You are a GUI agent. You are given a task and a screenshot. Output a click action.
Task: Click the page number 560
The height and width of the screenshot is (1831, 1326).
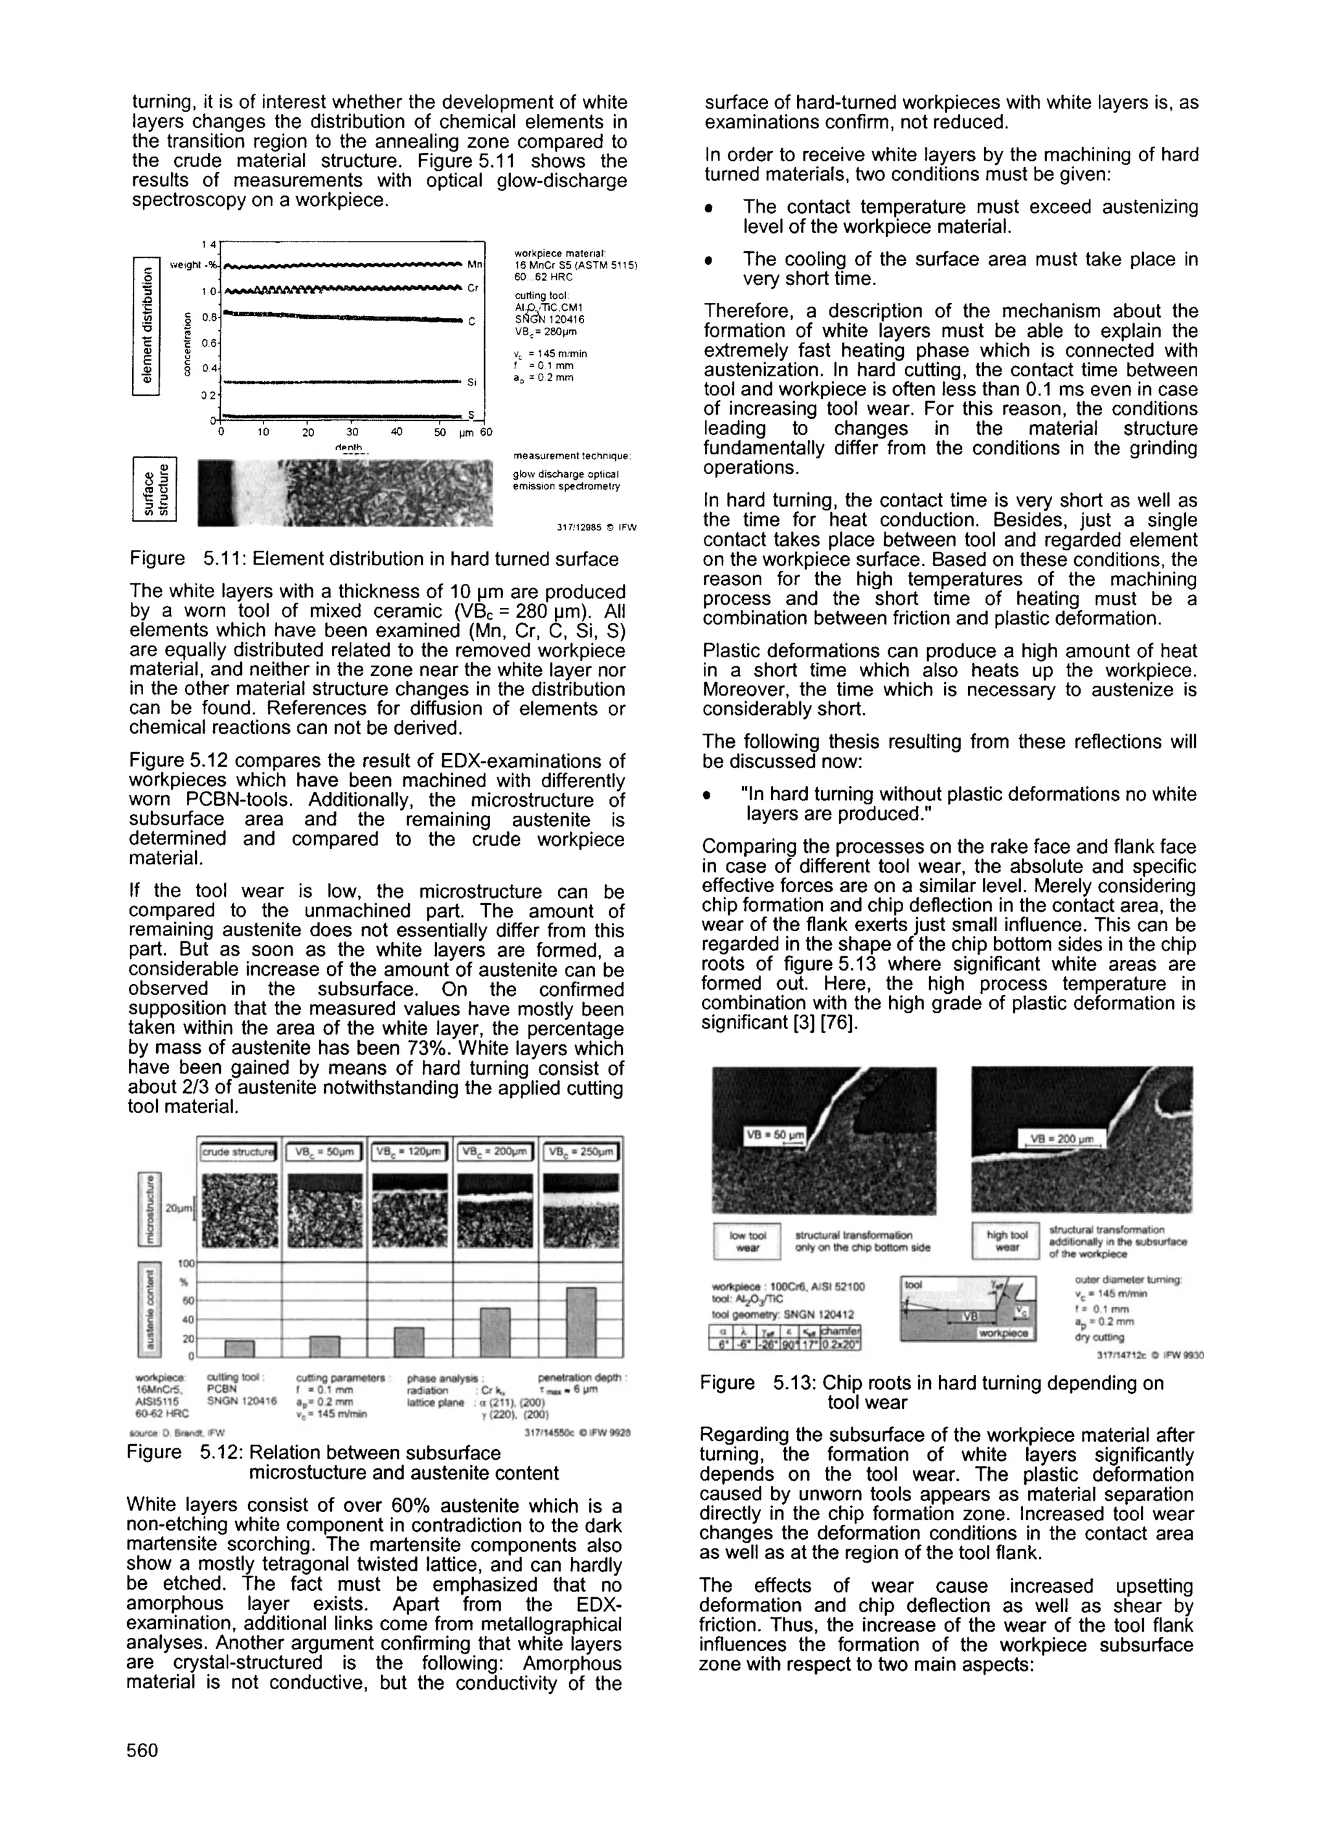coord(142,1750)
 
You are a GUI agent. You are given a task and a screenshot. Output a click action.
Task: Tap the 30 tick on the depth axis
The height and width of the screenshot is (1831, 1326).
coord(352,432)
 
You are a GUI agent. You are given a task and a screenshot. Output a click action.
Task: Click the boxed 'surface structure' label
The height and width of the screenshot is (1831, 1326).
coord(153,489)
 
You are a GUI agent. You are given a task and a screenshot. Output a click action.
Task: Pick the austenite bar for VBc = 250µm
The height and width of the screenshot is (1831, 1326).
coord(581,1322)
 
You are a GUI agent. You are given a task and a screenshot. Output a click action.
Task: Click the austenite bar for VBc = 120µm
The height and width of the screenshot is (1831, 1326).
coord(409,1342)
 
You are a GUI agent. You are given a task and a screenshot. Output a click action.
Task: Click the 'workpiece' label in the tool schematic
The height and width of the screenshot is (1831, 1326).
coord(1004,1333)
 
